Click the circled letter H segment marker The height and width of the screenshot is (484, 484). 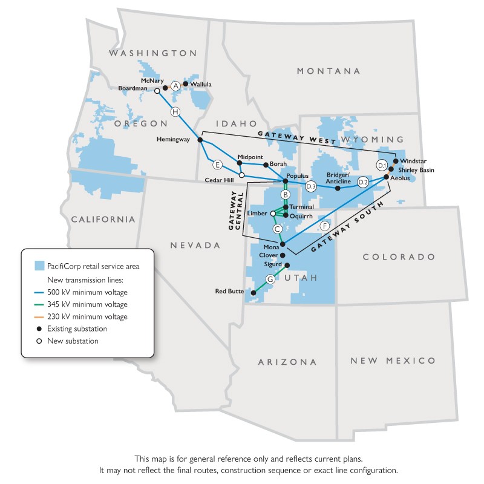pyautogui.click(x=175, y=111)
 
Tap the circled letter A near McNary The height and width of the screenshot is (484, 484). pyautogui.click(x=175, y=87)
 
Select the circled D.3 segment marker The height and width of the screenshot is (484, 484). pyautogui.click(x=311, y=187)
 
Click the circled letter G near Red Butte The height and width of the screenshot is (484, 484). pyautogui.click(x=270, y=279)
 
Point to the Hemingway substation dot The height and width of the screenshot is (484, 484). pyautogui.click(x=200, y=140)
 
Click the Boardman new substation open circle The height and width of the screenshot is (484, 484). pyautogui.click(x=157, y=91)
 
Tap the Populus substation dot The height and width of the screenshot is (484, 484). pyautogui.click(x=286, y=181)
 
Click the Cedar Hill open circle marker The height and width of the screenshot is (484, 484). pyautogui.click(x=241, y=175)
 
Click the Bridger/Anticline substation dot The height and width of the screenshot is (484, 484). pyautogui.click(x=338, y=188)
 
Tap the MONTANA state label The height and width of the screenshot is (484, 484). pyautogui.click(x=329, y=71)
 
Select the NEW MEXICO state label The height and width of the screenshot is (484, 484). pyautogui.click(x=393, y=361)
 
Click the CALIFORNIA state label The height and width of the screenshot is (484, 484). pyautogui.click(x=103, y=219)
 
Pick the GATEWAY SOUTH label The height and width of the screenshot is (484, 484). pyautogui.click(x=349, y=226)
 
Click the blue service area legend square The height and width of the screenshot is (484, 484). pyautogui.click(x=40, y=267)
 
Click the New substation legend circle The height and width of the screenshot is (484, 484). pyautogui.click(x=39, y=341)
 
